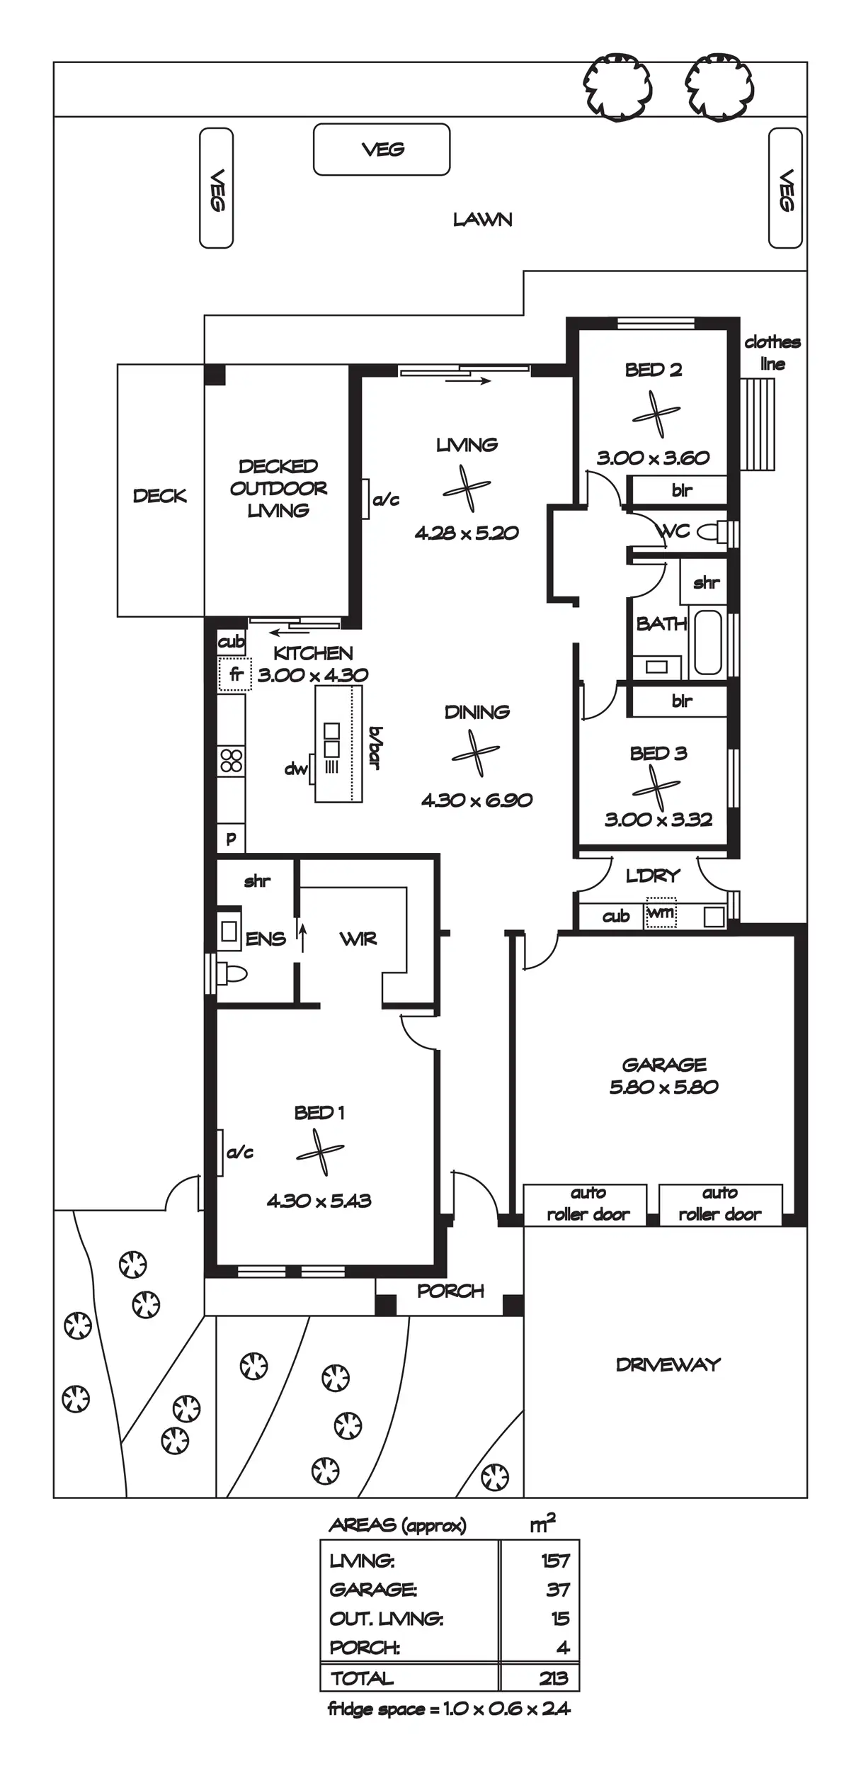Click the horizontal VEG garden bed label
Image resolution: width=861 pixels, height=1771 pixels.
[x=382, y=149]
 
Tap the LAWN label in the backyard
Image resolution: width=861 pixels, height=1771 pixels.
[x=482, y=220]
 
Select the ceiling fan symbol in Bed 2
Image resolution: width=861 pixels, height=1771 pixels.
[x=656, y=414]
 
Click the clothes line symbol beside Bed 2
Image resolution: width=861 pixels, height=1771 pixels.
[x=758, y=424]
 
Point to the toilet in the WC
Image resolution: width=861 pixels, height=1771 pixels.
[x=710, y=531]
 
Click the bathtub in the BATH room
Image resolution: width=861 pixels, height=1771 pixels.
[x=707, y=642]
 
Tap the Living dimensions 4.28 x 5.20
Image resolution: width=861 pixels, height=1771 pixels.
[x=467, y=533]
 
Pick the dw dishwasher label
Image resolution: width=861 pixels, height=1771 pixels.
[x=296, y=769]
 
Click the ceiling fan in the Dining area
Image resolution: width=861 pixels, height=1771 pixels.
[x=475, y=754]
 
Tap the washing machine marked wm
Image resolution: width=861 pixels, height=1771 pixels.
[x=661, y=913]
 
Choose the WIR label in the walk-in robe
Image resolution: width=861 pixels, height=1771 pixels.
[x=358, y=939]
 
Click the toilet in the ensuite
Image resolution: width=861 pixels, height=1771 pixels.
[x=233, y=975]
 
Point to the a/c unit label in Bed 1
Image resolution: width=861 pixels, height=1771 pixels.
[x=240, y=1153]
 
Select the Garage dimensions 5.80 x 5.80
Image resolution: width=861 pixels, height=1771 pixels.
[x=663, y=1087]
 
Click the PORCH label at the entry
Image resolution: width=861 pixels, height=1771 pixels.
[x=450, y=1291]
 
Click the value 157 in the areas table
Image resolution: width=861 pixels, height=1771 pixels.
[x=555, y=1560]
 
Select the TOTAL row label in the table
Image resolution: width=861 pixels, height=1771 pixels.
[x=362, y=1678]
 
